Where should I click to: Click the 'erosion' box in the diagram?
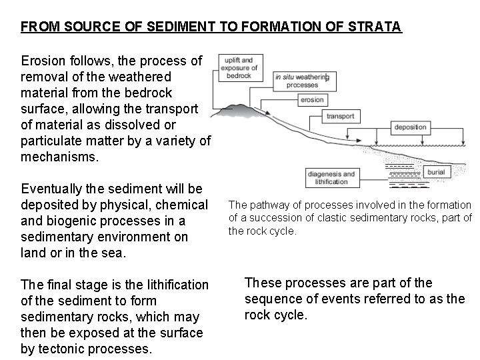311,100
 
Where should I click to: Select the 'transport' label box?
341,116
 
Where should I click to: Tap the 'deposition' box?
410,127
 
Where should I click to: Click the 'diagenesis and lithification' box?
331,178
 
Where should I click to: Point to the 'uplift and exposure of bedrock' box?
240,68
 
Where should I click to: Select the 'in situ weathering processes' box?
300,81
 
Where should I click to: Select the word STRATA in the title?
377,27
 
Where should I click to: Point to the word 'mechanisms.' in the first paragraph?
59,157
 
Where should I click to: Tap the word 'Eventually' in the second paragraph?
51,189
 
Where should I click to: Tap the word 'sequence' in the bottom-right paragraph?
275,299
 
